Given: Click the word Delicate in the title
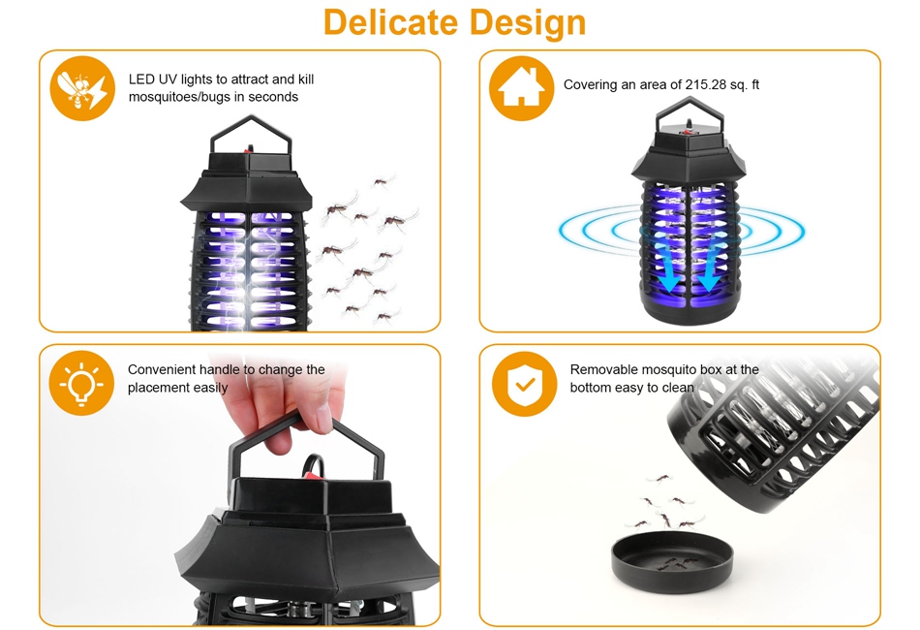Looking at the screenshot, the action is tap(390, 22).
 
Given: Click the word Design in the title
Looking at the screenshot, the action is tap(528, 23).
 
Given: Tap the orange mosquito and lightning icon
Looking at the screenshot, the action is tap(81, 88).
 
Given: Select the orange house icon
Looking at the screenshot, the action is tap(521, 88).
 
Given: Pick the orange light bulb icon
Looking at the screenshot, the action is tap(81, 384).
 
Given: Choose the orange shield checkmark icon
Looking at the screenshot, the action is tap(524, 384).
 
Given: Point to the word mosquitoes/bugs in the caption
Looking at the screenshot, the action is tap(179, 97).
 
